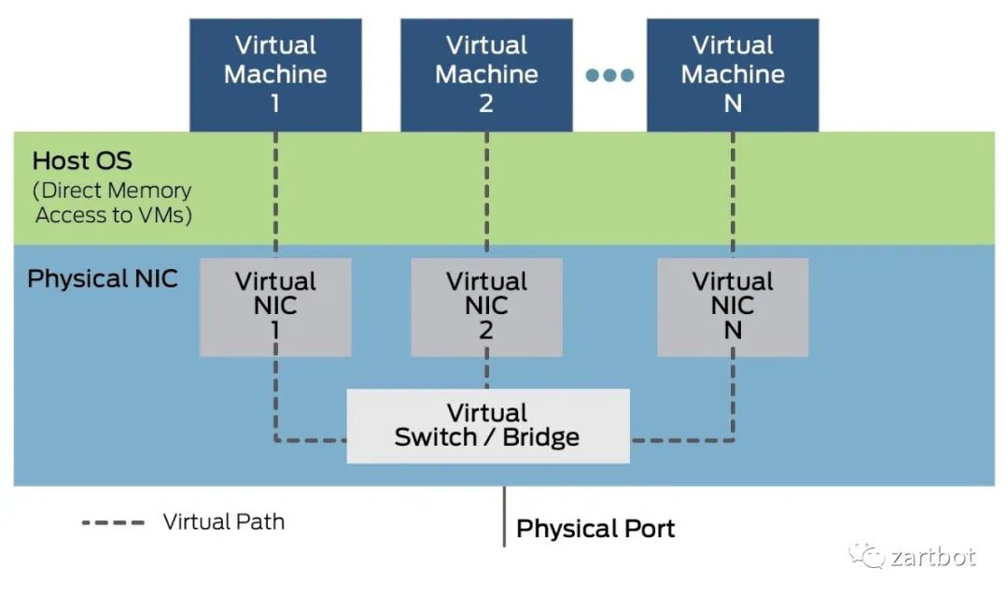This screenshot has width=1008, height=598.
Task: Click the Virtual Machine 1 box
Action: pyautogui.click(x=275, y=74)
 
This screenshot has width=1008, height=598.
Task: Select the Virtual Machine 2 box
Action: pyautogui.click(x=486, y=74)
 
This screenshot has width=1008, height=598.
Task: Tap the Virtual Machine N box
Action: pyautogui.click(x=733, y=74)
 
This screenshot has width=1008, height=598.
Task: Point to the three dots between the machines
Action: pyautogui.click(x=609, y=75)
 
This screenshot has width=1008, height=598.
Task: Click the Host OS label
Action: pyautogui.click(x=82, y=161)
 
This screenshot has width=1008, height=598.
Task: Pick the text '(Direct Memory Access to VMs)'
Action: pyautogui.click(x=112, y=203)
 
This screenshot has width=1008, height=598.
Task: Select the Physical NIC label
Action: pyautogui.click(x=103, y=278)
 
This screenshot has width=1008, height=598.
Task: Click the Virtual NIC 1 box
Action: pyautogui.click(x=275, y=306)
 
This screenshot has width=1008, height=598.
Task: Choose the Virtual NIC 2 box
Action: pyautogui.click(x=486, y=306)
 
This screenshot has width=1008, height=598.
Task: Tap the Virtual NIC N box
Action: pyautogui.click(x=733, y=306)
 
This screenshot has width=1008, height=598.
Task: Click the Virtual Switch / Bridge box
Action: pyautogui.click(x=487, y=425)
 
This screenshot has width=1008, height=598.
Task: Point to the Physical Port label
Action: pyautogui.click(x=595, y=529)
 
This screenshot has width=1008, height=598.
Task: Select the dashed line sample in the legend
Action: pyautogui.click(x=113, y=521)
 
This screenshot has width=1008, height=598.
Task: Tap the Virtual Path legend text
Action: pyautogui.click(x=224, y=521)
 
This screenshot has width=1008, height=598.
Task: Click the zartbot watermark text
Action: pyautogui.click(x=932, y=557)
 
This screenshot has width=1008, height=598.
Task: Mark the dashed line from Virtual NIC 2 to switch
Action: pyautogui.click(x=486, y=373)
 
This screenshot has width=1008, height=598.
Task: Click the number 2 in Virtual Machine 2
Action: pyautogui.click(x=486, y=103)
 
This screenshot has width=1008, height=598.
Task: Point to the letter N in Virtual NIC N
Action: pyautogui.click(x=733, y=331)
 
